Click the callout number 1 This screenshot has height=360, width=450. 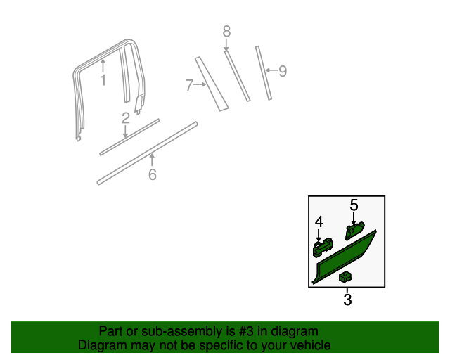coord(103,80)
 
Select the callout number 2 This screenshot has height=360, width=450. coord(125,118)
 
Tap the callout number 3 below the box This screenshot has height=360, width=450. coord(347,300)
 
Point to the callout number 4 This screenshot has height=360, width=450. coord(319,221)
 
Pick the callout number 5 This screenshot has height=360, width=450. coord(354,205)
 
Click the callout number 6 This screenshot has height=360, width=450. coord(152,174)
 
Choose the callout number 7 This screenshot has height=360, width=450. coord(189,85)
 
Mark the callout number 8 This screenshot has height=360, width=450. coord(226,31)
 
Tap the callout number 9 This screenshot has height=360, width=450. coord(283,70)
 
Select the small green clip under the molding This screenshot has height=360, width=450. coord(345,277)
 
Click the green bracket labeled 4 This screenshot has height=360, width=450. coord(322,247)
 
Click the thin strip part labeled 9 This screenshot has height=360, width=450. coord(263,73)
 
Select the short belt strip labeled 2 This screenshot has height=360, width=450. coord(130,136)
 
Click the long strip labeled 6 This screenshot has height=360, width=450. coord(148,153)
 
